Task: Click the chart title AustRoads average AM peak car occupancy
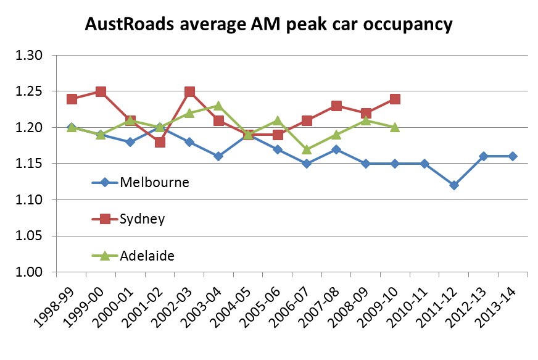[268, 25]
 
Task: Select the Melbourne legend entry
[154, 182]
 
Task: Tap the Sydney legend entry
[143, 219]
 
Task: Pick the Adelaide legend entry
[147, 255]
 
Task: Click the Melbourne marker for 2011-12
[454, 185]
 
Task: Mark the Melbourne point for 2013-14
[513, 156]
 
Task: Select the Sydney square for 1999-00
[101, 92]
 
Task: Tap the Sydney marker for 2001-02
[160, 143]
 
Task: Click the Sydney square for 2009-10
[395, 99]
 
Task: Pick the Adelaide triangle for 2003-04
[218, 106]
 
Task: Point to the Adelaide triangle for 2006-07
[307, 149]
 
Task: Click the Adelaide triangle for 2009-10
[395, 127]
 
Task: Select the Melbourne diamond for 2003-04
[218, 156]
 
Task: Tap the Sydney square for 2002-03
[189, 92]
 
